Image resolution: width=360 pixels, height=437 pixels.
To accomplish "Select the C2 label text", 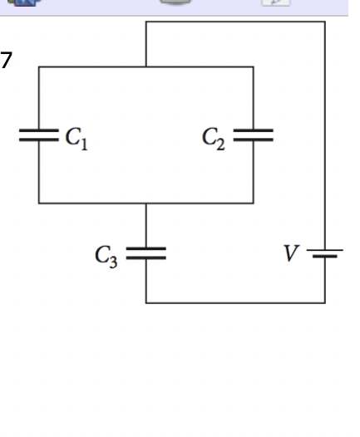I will point(213,135).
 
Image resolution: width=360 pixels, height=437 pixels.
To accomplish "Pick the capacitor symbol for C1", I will point(39,135).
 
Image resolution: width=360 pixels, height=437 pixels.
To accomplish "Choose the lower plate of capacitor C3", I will point(146,258).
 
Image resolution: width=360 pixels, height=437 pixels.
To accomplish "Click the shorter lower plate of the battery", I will point(325,258).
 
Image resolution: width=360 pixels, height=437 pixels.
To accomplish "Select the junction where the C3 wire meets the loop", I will point(146,202).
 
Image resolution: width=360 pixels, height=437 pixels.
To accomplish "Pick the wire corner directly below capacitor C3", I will point(146,302).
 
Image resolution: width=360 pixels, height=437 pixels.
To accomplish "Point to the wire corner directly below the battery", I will point(325,302).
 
